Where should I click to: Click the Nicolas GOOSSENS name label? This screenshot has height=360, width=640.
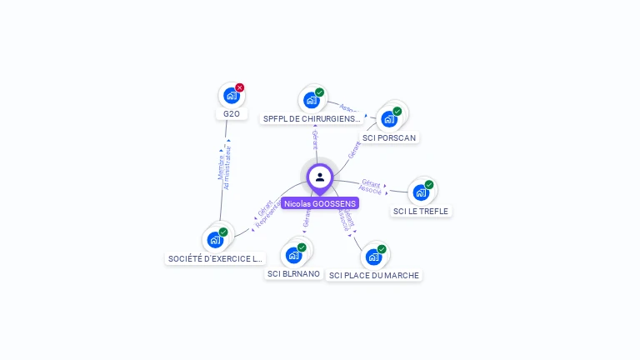tap(320, 203)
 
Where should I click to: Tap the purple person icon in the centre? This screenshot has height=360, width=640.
tap(320, 177)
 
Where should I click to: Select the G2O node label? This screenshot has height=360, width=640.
tap(232, 113)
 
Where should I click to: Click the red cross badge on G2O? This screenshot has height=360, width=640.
tap(240, 87)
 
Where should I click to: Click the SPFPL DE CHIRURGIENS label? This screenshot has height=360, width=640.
tap(312, 119)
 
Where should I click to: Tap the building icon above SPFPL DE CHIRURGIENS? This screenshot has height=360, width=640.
tap(311, 100)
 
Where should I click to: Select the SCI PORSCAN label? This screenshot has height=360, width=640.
tap(389, 137)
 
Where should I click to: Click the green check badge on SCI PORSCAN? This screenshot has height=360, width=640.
tap(397, 111)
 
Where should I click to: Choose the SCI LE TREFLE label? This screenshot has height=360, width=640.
tap(421, 211)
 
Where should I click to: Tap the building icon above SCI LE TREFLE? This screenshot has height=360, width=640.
tap(421, 192)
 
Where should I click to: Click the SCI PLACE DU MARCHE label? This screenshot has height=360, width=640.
tap(374, 275)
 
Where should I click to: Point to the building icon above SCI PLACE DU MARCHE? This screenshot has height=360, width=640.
tap(373, 257)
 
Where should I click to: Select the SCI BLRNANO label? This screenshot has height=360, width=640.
tap(293, 273)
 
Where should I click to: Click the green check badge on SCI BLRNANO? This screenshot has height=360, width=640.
tap(302, 247)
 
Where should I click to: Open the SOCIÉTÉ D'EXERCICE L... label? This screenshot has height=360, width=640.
tap(215, 258)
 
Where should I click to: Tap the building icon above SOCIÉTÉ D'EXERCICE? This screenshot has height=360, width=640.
tap(215, 240)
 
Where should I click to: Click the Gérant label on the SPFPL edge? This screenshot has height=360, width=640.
tap(315, 140)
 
